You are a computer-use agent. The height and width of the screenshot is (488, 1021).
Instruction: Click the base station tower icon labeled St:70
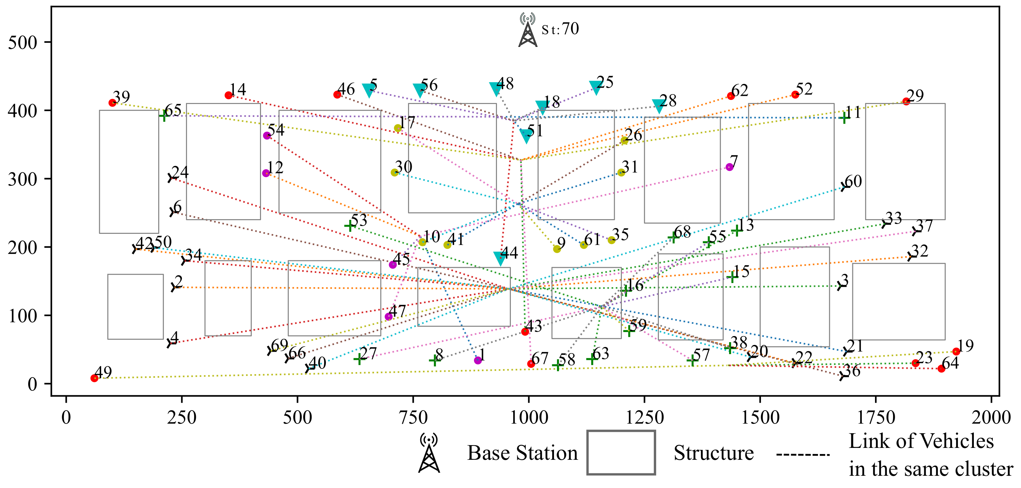tap(528, 31)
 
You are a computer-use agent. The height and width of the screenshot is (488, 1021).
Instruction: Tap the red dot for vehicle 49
tap(94, 378)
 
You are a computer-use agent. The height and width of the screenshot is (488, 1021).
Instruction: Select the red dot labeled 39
tap(113, 103)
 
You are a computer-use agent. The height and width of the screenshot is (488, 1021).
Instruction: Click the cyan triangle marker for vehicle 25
tap(596, 87)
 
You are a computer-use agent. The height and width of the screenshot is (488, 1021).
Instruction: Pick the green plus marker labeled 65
tap(164, 116)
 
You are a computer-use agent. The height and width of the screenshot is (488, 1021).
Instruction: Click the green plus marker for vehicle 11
tap(844, 118)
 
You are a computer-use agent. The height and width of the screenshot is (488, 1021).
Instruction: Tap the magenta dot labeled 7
tap(729, 167)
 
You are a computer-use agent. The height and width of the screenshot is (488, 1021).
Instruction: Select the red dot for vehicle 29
tap(906, 101)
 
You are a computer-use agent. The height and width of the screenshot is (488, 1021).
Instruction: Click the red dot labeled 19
tap(957, 351)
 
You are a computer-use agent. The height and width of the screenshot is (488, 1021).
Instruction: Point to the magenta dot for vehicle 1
tap(478, 360)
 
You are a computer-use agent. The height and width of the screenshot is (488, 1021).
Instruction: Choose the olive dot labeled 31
tap(621, 172)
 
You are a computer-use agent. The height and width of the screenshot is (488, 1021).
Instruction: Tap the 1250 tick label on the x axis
tap(645, 418)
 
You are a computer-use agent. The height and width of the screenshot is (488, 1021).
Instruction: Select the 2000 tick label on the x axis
tap(991, 418)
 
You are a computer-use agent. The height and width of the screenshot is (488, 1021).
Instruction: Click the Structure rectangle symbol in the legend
tap(621, 453)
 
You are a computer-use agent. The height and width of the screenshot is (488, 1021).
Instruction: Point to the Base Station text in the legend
tap(522, 453)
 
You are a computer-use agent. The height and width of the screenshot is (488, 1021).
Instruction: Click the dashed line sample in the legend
tap(803, 455)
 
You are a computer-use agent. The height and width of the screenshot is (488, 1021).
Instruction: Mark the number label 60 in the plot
tap(853, 181)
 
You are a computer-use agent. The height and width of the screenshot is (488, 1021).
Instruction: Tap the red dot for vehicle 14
tap(229, 95)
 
